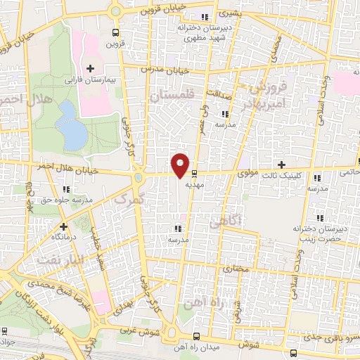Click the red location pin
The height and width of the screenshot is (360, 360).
[x=181, y=164]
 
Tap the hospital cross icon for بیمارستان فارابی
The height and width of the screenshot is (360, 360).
[x=90, y=68]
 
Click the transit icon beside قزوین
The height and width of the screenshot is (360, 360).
[x=115, y=32]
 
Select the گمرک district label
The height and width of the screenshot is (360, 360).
[x=129, y=200]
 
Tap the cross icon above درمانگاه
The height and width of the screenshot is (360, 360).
[x=64, y=226]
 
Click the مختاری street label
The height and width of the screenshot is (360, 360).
[x=236, y=269]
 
